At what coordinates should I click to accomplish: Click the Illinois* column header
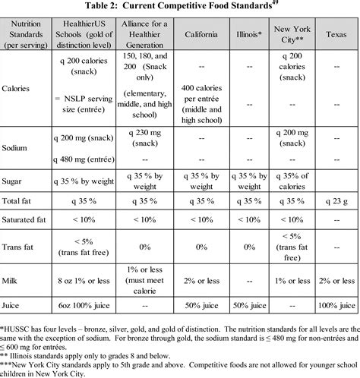point(248,36)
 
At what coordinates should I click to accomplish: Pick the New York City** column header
point(292,36)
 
